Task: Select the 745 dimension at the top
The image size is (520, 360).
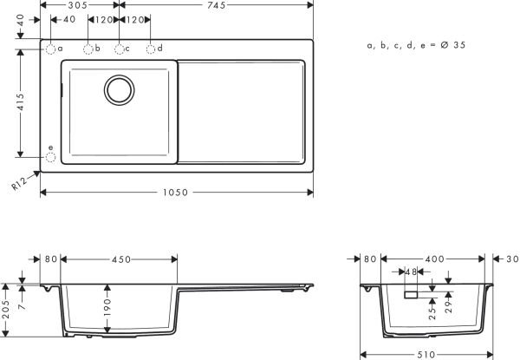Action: [x=217, y=5]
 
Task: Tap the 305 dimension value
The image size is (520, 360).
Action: [x=80, y=5]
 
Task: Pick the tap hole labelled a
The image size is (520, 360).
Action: [x=51, y=49]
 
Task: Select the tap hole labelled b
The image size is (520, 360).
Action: [x=88, y=49]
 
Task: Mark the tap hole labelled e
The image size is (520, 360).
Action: [x=51, y=158]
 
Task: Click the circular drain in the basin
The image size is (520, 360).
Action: [x=120, y=88]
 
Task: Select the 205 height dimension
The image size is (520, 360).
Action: [x=7, y=309]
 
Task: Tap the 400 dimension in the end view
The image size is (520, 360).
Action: [x=435, y=258]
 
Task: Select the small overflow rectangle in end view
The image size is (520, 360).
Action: [x=411, y=296]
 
